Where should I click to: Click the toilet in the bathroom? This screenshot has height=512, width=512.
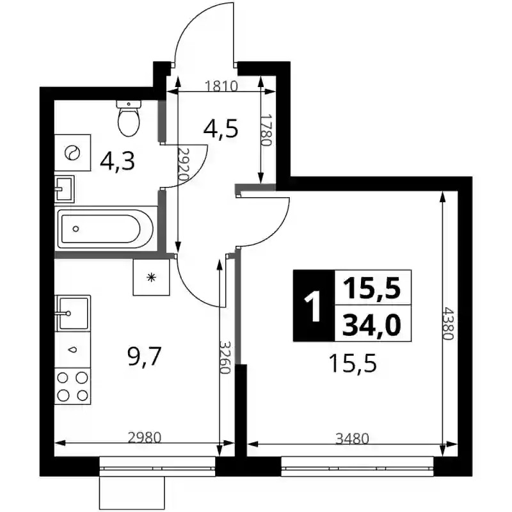(x=129, y=118)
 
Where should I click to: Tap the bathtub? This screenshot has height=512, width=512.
(x=106, y=229)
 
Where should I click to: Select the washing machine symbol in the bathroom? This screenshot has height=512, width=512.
(x=72, y=152)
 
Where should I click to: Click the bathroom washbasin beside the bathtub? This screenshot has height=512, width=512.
(x=65, y=189)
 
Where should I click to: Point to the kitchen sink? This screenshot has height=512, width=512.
(x=72, y=314)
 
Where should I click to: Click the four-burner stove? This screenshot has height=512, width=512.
(x=72, y=387)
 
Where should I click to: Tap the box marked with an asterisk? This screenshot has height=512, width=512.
(x=152, y=277)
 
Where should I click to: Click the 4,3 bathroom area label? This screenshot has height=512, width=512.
(x=117, y=162)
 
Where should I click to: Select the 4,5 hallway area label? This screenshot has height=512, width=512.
(x=221, y=129)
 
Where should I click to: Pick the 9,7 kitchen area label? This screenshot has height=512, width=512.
(x=145, y=357)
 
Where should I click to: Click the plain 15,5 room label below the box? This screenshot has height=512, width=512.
(x=353, y=364)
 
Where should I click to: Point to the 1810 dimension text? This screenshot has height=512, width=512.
(x=221, y=86)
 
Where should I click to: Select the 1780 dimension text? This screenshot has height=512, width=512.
(x=266, y=130)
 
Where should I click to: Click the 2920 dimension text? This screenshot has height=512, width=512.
(x=183, y=165)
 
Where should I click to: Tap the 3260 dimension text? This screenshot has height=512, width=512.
(x=225, y=358)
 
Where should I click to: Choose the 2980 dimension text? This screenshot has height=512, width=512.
(x=145, y=438)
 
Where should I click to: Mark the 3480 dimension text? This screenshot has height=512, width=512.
(x=353, y=438)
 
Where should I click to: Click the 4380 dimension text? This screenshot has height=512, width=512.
(x=447, y=323)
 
